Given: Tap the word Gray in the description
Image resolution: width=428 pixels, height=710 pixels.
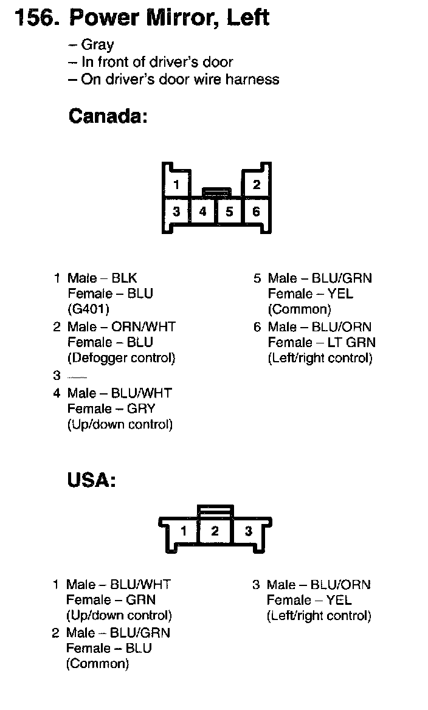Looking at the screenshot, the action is pos(97,45).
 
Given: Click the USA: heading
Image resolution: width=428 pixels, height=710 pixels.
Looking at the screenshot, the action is pos(91,480).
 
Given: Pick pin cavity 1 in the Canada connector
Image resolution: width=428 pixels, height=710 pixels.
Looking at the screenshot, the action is pos(176,185).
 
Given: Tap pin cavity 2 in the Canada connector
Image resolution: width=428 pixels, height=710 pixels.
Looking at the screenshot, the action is pos(257,185).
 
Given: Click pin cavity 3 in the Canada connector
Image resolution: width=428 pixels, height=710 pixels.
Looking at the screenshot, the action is pos(176,212).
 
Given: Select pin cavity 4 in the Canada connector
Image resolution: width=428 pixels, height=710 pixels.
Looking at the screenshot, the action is pos(203,212).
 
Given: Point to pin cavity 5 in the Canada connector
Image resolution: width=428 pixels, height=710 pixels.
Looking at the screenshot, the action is pos(229,212).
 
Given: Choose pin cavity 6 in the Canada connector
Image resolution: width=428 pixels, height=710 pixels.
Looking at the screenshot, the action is pos(256,212).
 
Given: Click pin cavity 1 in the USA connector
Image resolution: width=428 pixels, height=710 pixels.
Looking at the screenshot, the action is pos(183,531).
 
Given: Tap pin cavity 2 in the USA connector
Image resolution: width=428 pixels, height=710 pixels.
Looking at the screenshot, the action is pos(215,531).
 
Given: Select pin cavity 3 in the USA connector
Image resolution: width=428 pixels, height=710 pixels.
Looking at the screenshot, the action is pos(248,531).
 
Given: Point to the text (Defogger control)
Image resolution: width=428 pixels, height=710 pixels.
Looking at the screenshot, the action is pos(122,357).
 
